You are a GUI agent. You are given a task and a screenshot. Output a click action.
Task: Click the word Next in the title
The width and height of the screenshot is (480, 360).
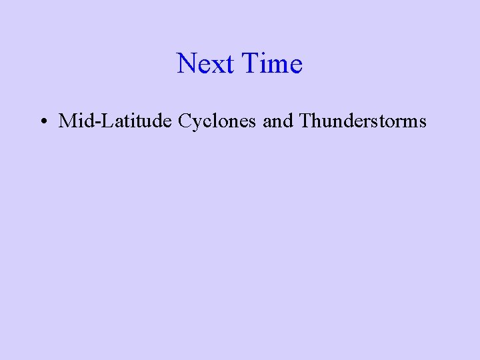pos(206,64)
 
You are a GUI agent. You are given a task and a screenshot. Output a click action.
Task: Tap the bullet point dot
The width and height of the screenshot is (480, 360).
pos(42,121)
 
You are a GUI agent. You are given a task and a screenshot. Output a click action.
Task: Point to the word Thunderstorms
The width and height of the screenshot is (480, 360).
pos(363,121)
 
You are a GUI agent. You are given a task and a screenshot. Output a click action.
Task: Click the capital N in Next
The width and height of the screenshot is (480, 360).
pos(187,64)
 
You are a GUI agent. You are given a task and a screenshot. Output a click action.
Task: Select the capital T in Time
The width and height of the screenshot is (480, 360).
pos(251,64)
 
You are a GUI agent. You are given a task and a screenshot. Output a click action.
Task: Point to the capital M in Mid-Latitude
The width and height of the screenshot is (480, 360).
pos(67,121)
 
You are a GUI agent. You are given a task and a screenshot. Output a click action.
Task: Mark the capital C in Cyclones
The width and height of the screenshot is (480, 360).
pos(185,121)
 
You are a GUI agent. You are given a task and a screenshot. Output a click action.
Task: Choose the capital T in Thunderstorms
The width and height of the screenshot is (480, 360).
pos(306,121)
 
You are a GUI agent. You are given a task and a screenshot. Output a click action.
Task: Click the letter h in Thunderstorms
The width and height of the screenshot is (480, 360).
pos(317,121)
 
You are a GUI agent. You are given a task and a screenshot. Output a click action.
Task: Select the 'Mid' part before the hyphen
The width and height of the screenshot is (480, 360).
pos(77,121)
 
